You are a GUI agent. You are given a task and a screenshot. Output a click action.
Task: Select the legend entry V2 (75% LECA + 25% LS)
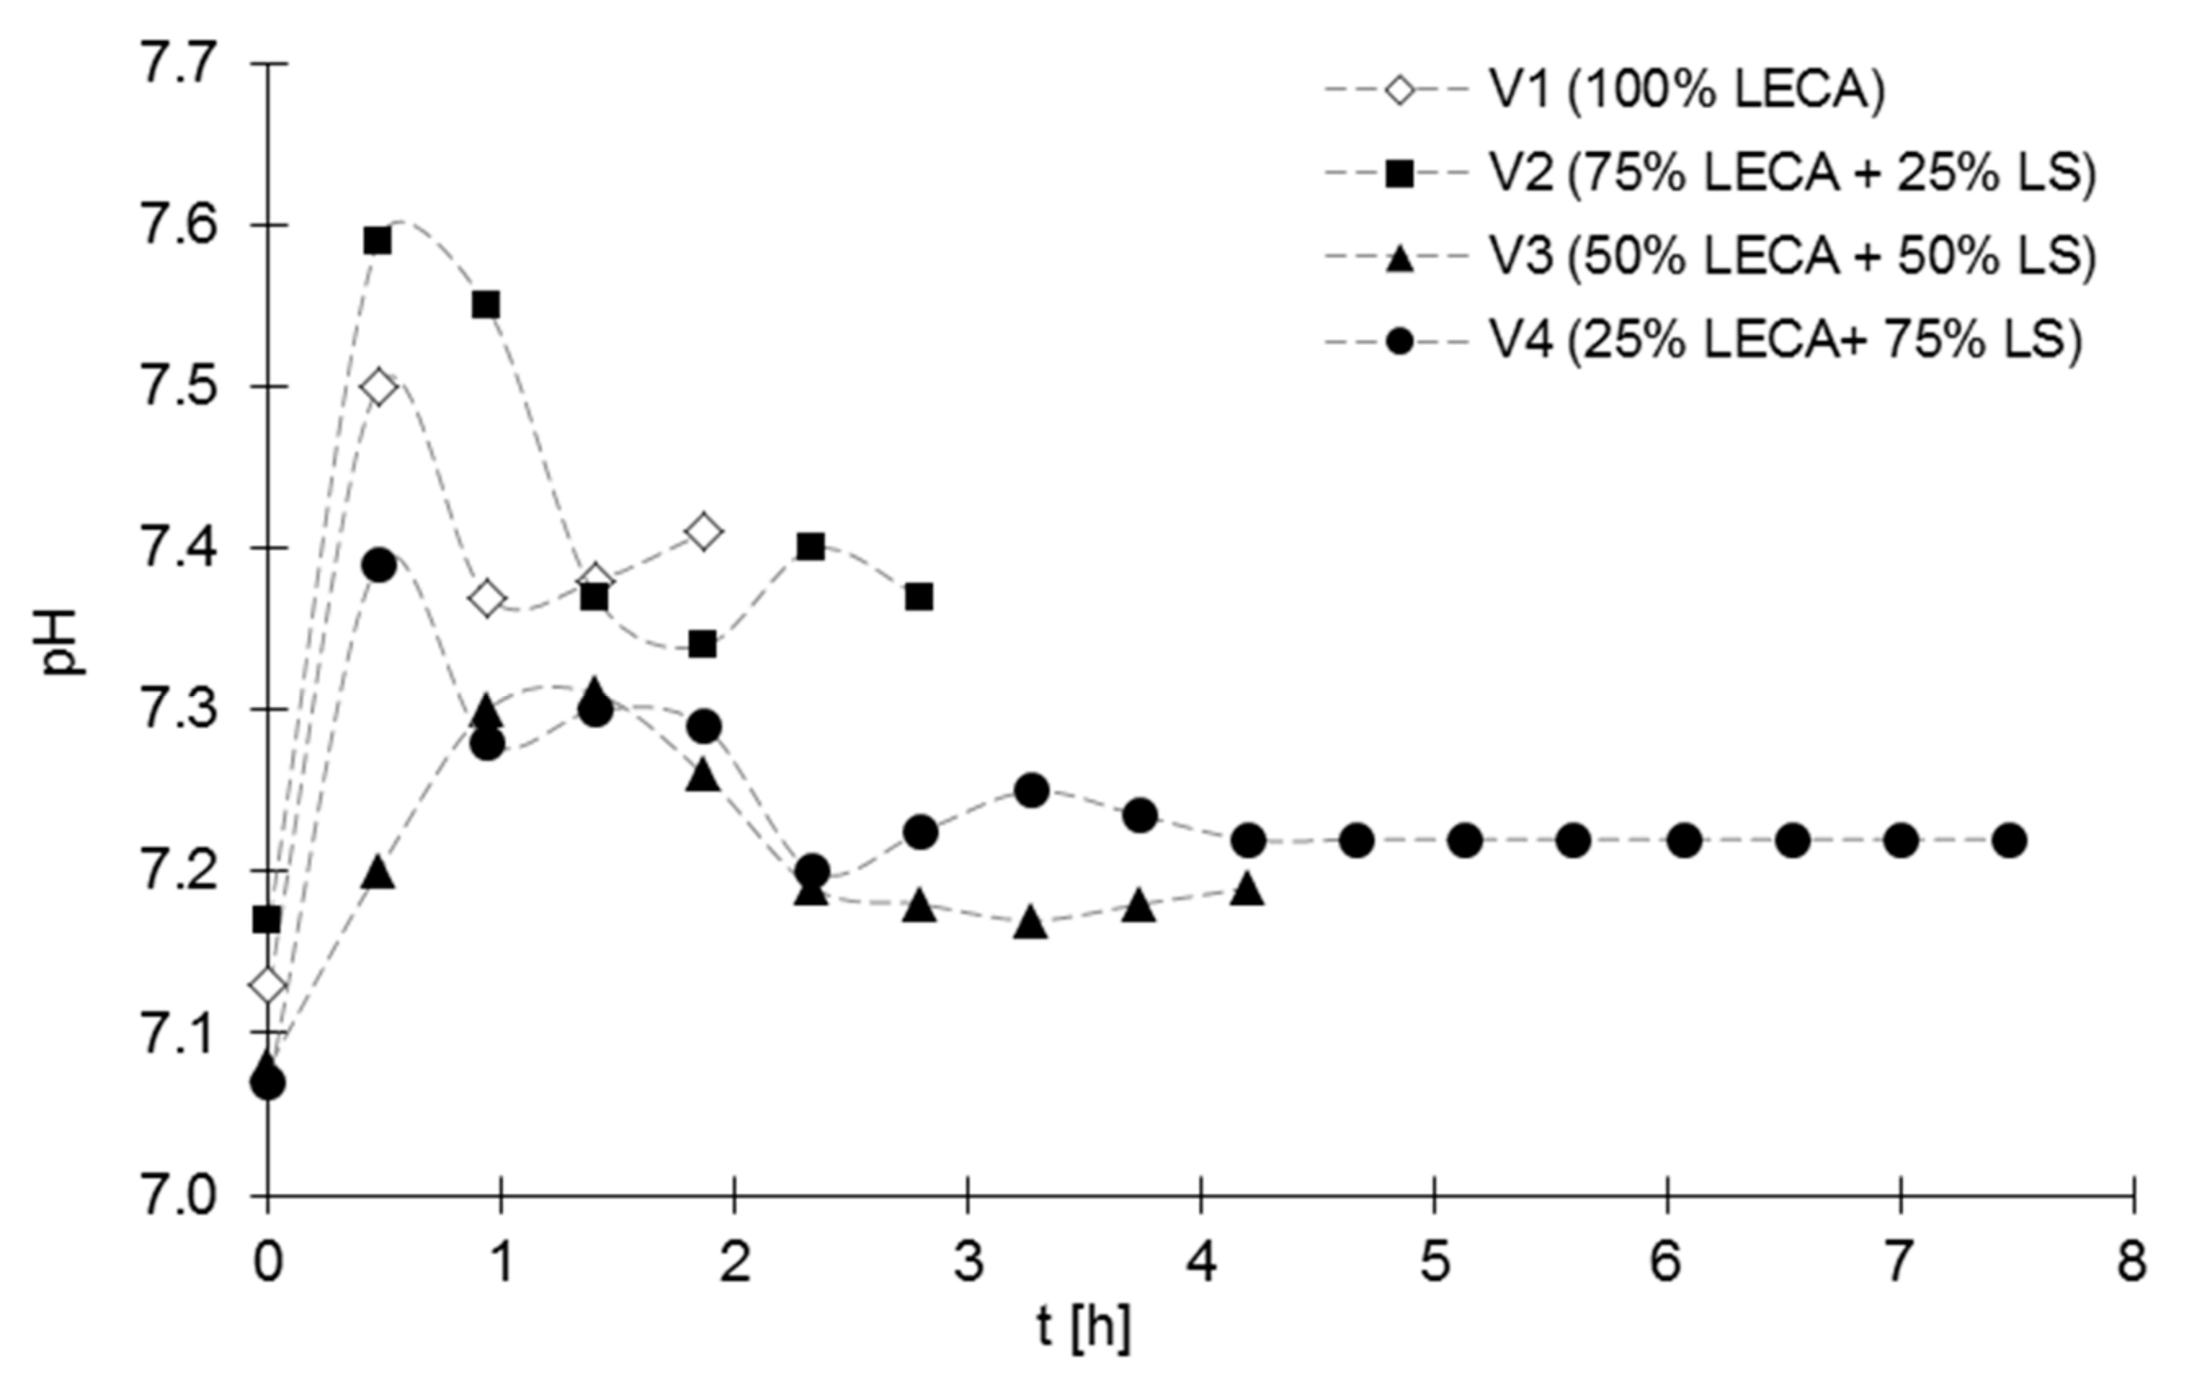tap(1792, 174)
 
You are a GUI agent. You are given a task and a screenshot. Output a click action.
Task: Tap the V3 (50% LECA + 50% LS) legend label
tap(1792, 258)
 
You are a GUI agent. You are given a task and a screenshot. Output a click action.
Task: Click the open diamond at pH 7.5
tap(377, 388)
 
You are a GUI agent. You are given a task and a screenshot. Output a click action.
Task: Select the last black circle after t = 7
tap(2009, 840)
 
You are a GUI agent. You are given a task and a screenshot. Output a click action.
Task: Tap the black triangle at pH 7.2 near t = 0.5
tap(377, 873)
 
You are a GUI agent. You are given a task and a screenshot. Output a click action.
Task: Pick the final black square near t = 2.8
tap(919, 597)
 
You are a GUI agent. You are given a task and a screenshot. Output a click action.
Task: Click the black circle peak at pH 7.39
tap(377, 566)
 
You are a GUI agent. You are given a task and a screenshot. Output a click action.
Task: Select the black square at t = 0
tap(267, 919)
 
